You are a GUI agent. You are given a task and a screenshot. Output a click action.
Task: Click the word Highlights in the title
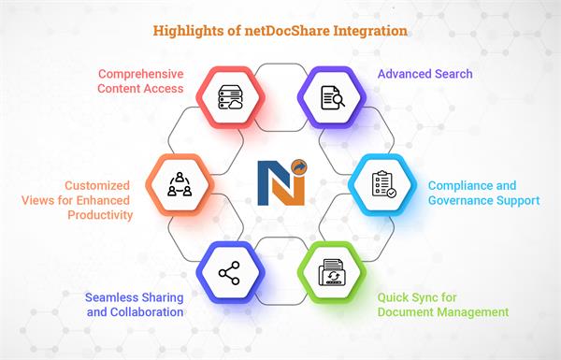(185, 31)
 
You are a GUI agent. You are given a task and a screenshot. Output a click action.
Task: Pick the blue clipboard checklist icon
(382, 184)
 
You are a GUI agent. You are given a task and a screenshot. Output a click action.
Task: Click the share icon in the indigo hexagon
(229, 273)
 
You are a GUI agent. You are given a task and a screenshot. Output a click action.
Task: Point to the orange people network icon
(179, 184)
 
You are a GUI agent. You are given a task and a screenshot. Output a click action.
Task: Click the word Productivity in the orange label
(96, 215)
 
